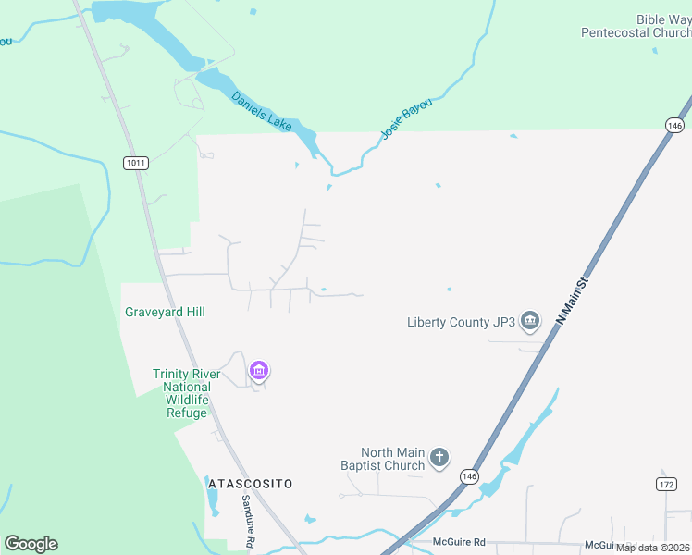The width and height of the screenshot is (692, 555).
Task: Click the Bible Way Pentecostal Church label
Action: (636, 26)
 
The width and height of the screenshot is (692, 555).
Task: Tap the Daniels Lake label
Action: (261, 108)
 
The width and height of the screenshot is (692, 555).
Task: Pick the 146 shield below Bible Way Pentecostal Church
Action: (674, 125)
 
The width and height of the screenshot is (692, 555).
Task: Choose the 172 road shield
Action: (667, 484)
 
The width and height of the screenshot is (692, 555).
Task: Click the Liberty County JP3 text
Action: (461, 322)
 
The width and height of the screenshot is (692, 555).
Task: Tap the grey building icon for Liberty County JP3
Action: (530, 322)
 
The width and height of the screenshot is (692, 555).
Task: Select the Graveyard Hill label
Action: (165, 313)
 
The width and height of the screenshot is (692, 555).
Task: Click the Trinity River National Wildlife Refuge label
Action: (187, 393)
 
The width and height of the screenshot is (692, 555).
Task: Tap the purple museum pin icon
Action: (259, 372)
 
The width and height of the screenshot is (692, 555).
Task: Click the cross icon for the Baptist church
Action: (439, 457)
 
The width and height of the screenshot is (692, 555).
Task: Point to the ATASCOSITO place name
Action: (251, 484)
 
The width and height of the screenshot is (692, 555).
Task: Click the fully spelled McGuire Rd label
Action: (460, 542)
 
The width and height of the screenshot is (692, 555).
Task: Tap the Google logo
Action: (31, 544)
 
